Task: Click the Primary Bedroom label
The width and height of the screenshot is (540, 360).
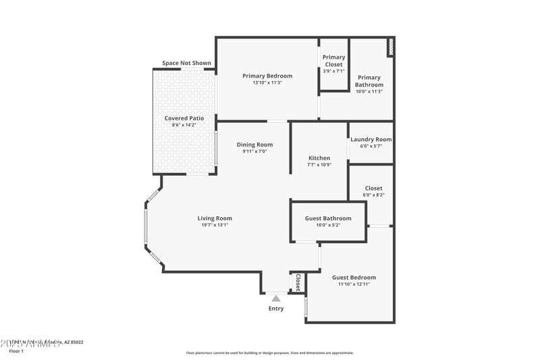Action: point(267,76)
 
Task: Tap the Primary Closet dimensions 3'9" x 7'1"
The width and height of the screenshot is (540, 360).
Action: point(333,71)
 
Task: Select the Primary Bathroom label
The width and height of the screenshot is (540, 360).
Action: point(369,81)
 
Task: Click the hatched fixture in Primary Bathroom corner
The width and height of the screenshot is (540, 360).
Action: point(390,48)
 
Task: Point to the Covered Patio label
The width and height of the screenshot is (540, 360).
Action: point(184,118)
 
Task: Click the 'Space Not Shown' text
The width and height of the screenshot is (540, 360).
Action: point(186,63)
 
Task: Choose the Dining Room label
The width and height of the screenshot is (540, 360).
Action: point(254,145)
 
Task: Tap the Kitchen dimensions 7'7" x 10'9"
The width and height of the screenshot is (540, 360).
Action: point(319,165)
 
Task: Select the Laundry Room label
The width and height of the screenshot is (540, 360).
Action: point(371,140)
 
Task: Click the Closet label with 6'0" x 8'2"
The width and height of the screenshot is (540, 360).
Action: point(373,188)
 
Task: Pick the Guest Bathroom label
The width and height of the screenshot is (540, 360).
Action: point(328,218)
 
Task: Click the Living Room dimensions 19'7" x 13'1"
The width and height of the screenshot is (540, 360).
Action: point(215,225)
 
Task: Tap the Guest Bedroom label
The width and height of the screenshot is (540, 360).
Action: point(354,278)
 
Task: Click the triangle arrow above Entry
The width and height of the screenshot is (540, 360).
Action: point(275,297)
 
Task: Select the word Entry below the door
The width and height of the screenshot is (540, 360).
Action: point(276,309)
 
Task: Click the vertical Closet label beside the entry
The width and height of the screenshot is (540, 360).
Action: point(298,282)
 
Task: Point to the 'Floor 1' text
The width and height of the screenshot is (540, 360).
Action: point(16,351)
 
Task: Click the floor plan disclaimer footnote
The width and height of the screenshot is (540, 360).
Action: point(269,353)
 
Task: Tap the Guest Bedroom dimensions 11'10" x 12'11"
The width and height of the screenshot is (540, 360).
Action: point(354,284)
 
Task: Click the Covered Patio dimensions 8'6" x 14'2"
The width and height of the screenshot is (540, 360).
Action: point(184,125)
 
